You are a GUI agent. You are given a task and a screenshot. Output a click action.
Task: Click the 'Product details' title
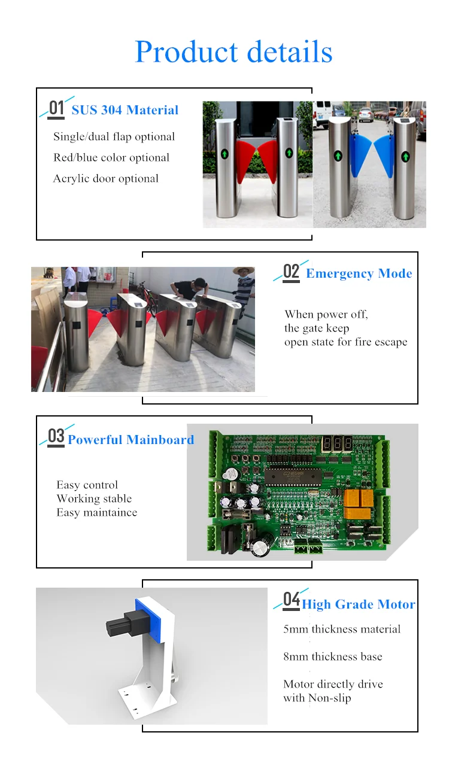coord(233,52)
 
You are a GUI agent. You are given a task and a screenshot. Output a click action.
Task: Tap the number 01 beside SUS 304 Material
coord(56,108)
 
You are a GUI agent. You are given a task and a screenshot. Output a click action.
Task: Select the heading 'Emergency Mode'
coord(359,273)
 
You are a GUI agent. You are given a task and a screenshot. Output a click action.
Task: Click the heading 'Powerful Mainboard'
coord(131,440)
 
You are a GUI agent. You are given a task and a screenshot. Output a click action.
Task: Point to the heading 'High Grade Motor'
coord(359,604)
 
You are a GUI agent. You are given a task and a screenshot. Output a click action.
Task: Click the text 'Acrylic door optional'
coord(105,179)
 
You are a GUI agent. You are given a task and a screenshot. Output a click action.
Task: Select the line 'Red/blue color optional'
coord(111,157)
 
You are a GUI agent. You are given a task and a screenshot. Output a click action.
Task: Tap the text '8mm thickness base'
coord(333,656)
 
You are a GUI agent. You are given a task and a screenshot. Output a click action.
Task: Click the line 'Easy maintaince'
coord(97,512)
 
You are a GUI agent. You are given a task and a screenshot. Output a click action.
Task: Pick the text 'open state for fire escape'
coord(346,342)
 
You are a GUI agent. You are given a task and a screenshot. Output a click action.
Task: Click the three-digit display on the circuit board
coord(336,443)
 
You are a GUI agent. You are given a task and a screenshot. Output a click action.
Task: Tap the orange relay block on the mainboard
coord(359,504)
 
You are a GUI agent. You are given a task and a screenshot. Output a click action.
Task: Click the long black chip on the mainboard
coord(293,477)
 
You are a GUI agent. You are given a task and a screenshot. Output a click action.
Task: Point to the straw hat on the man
coord(242,270)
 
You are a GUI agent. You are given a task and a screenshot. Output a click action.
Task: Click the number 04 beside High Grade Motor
coord(291,599)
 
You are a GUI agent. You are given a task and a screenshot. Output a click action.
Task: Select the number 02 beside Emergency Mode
coord(291,272)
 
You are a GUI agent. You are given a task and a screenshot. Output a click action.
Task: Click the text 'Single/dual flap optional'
coord(114,136)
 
